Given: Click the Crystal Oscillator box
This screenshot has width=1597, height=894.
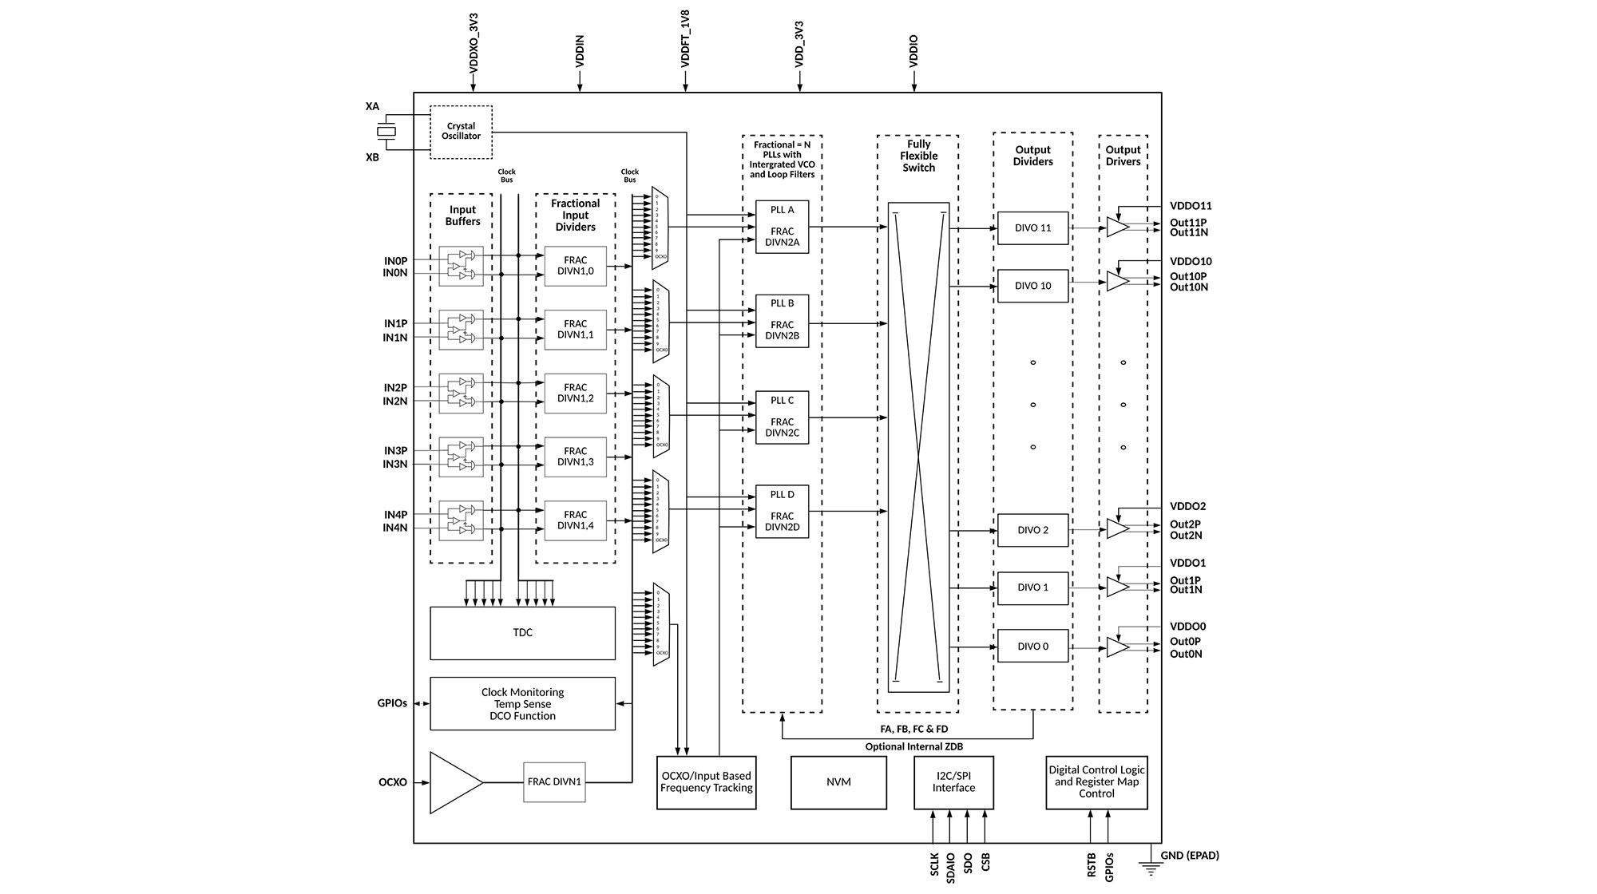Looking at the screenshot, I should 461,132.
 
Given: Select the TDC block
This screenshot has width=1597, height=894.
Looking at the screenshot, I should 522,633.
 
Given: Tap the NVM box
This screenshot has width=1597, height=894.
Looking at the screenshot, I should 838,782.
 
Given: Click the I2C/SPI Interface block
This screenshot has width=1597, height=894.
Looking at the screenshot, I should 953,782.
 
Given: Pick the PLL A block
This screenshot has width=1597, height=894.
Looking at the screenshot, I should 782,227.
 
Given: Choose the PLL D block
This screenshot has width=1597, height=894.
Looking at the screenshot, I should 782,512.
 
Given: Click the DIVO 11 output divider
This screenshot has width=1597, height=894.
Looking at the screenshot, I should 1032,228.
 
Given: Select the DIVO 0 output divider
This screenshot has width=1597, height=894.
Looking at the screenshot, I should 1032,647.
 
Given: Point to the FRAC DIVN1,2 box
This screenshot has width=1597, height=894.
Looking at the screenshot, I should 575,393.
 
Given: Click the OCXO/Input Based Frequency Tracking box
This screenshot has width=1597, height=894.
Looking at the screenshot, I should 706,782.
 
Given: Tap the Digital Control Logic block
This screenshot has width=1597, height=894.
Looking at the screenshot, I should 1096,782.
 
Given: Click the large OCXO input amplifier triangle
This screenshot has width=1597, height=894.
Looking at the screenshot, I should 454,782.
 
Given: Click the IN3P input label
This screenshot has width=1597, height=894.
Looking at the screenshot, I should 395,451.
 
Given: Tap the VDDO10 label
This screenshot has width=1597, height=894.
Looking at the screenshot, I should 1191,262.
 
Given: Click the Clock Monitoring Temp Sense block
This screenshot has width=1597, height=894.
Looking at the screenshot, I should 522,704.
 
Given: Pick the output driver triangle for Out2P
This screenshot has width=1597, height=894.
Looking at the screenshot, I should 1117,529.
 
